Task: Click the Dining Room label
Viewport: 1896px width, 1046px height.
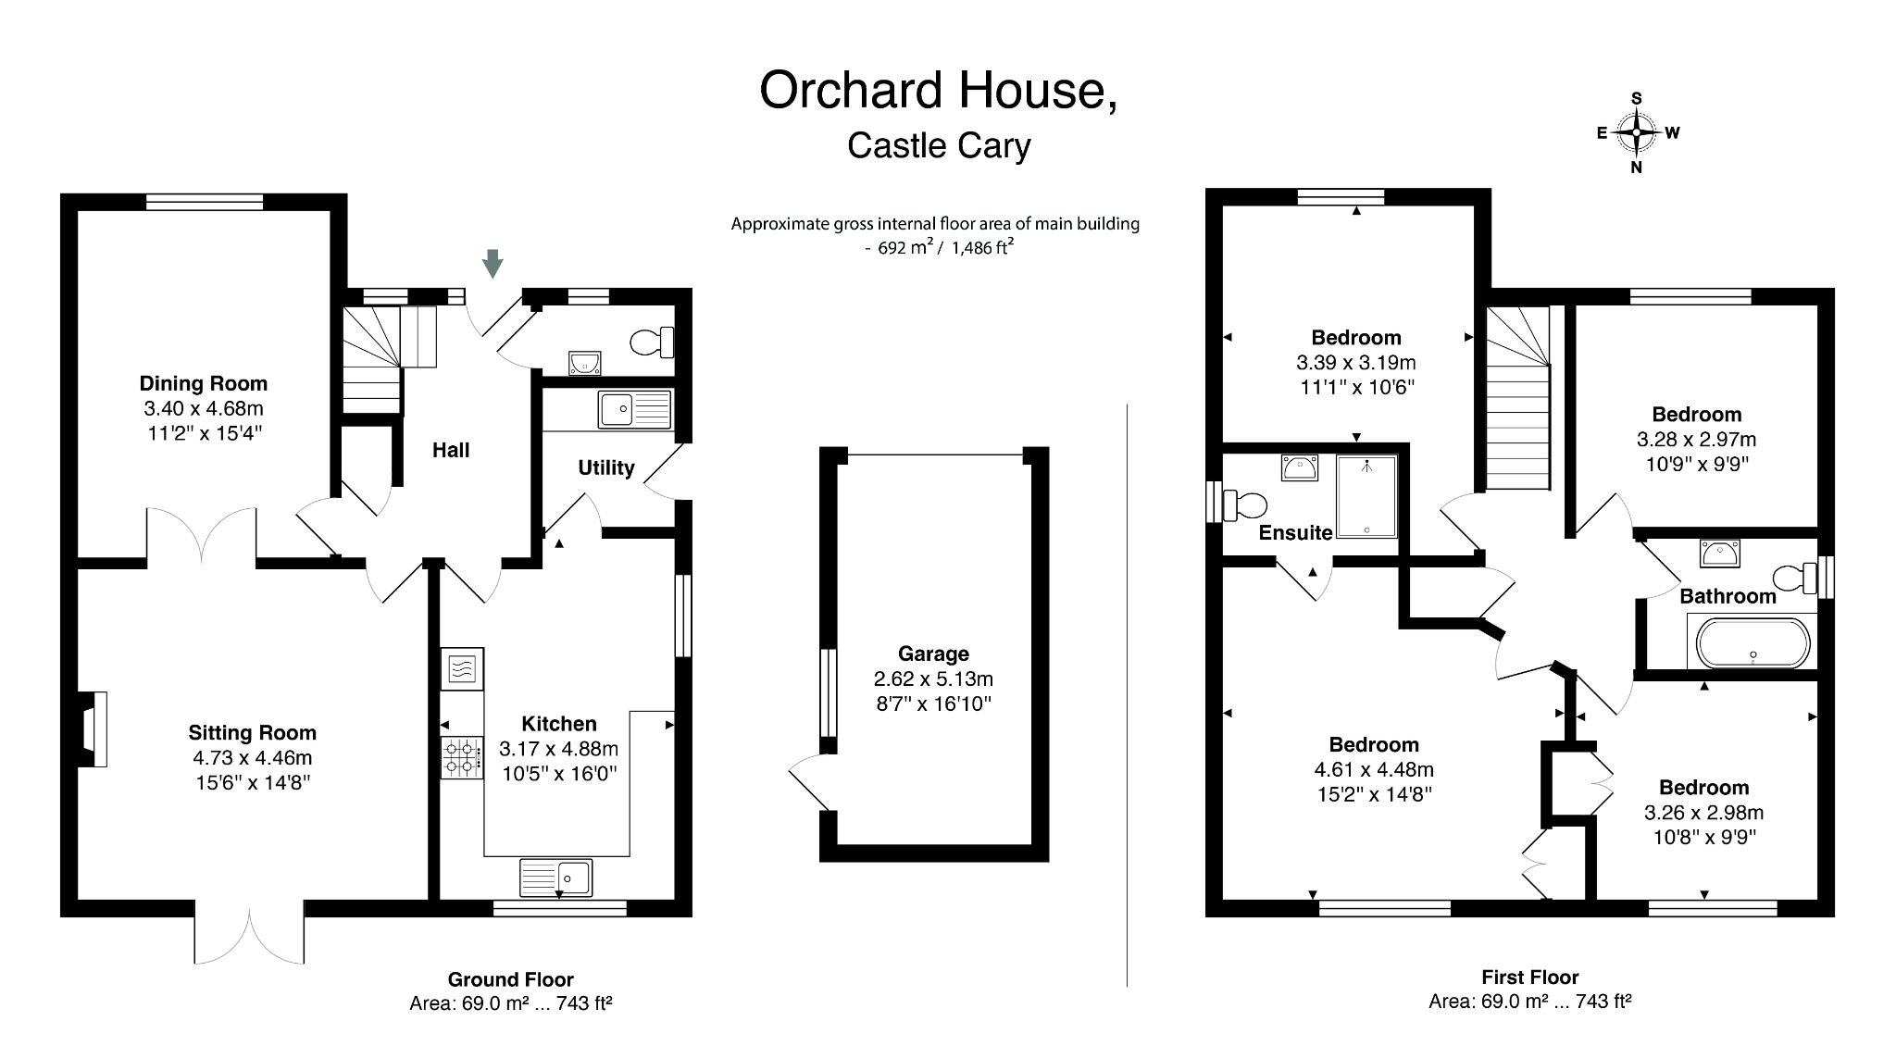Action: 203,383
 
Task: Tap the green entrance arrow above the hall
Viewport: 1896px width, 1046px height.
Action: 493,263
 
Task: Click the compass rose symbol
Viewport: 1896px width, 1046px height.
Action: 1636,133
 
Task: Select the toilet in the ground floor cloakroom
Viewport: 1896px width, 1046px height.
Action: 653,342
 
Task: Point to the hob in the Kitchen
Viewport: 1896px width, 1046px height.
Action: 461,757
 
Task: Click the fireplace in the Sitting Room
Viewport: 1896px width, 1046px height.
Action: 93,728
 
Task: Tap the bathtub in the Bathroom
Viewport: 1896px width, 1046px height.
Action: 1751,642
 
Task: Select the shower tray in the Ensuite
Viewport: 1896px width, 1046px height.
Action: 1366,495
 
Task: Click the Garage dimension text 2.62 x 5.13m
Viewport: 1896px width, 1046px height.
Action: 933,679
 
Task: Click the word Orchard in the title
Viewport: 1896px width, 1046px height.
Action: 852,91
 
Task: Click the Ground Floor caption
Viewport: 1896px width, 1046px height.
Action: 510,979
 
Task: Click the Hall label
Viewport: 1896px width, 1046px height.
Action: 451,450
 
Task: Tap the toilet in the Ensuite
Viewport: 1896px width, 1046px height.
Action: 1245,505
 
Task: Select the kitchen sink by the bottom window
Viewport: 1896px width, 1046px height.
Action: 556,877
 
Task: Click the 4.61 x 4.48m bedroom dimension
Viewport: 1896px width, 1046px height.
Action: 1373,769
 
